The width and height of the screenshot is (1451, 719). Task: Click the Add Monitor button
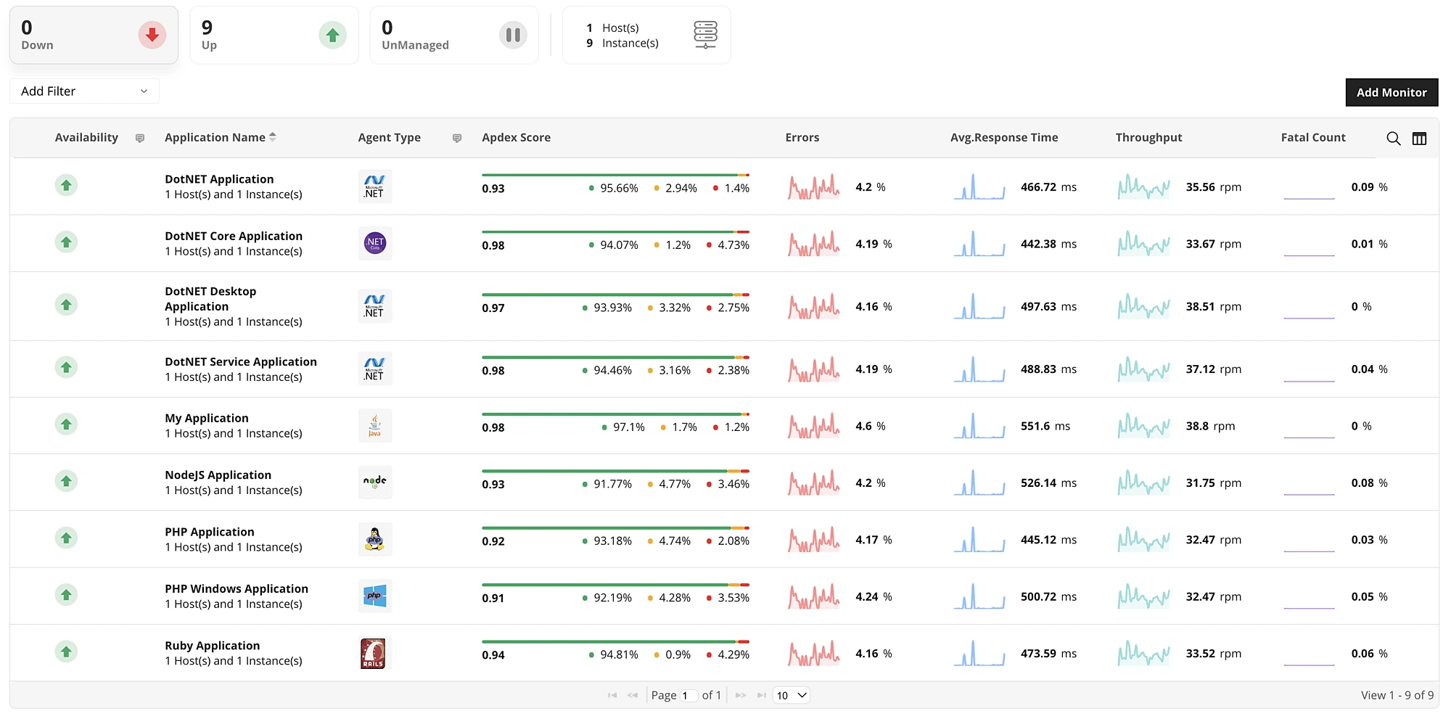coord(1391,92)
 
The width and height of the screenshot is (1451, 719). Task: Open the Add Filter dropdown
coord(84,91)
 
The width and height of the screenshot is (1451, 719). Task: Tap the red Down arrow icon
coord(152,35)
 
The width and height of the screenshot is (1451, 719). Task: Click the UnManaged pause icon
coord(512,35)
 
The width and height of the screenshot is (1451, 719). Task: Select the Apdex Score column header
coord(516,137)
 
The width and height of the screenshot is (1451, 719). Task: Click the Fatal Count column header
coord(1312,137)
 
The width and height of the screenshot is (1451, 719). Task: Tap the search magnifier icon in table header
coord(1393,138)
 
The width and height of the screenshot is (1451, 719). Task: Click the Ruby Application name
coord(212,645)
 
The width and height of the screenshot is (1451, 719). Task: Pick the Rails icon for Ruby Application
coord(374,653)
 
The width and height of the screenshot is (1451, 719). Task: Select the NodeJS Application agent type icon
coord(374,482)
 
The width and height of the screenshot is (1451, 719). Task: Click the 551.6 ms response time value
coord(1045,426)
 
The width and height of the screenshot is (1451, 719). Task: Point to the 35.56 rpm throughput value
coord(1213,187)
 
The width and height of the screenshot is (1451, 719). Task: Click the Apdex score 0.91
coord(493,598)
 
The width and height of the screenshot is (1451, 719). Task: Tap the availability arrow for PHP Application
coord(66,538)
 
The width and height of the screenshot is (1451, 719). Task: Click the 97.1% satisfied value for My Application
coord(628,427)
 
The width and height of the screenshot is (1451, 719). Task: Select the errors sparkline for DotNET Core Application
coord(813,244)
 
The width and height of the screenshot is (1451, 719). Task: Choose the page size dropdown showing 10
coord(791,695)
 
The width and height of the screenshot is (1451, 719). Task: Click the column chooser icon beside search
coord(1419,138)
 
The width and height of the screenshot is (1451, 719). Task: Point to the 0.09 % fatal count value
coord(1368,187)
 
